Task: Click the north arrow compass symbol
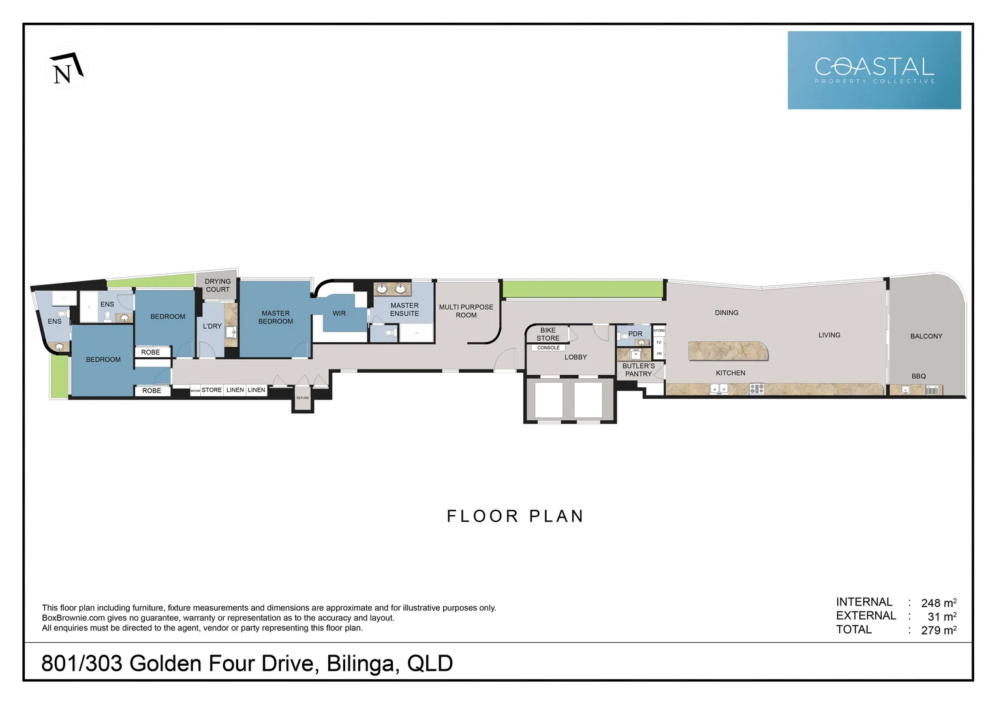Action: point(67,69)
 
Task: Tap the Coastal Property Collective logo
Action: point(874,70)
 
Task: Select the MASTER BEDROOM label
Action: point(275,317)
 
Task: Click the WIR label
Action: point(339,314)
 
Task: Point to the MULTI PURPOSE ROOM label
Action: point(466,311)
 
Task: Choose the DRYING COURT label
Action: point(217,286)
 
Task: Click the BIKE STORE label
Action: point(548,334)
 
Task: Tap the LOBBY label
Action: point(575,357)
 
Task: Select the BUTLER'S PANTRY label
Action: point(638,370)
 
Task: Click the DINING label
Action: point(726,313)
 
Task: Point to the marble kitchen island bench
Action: point(728,351)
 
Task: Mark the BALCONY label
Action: point(926,336)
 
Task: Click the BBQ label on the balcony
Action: point(918,376)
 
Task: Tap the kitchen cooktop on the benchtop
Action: point(756,389)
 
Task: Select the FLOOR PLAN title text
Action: point(515,516)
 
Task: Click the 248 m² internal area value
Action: point(938,603)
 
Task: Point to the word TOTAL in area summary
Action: point(853,630)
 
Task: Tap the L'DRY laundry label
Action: point(212,326)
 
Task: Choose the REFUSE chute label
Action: point(303,398)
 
